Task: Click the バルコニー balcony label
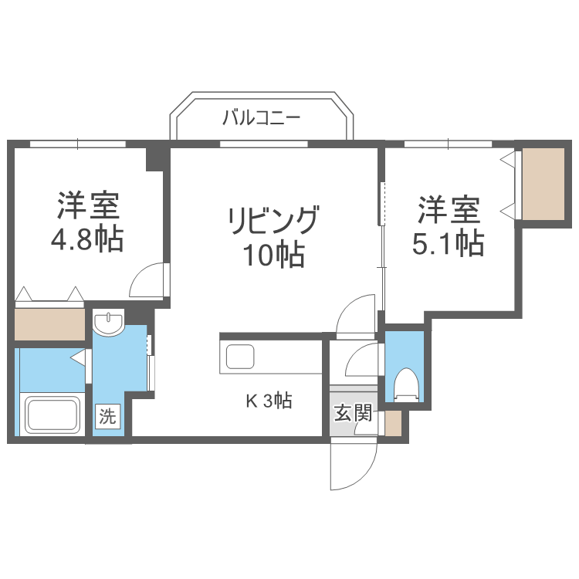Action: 261,118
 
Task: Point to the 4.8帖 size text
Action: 86,241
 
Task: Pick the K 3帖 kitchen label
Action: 268,401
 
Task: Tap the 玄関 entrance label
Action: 352,412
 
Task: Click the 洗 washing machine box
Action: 107,417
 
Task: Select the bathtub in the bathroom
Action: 52,415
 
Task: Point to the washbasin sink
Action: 108,322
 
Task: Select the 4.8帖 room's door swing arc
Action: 149,281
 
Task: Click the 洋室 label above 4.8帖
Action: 86,206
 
